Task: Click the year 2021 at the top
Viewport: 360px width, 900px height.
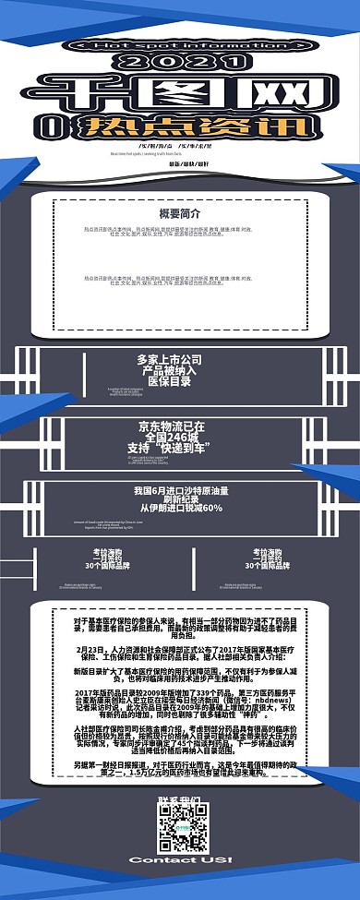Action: coord(179,62)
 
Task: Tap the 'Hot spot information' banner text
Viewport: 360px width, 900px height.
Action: coord(179,44)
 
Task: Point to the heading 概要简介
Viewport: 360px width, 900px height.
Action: coord(179,213)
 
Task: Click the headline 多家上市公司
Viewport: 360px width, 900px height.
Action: coord(169,360)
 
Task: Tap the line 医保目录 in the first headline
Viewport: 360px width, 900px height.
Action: coord(169,380)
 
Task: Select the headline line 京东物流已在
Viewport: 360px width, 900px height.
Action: coord(171,427)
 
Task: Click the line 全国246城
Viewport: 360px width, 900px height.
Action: coord(171,438)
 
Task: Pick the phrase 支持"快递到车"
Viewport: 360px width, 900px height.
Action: coord(171,449)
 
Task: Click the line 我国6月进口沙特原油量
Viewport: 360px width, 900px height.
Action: coord(181,490)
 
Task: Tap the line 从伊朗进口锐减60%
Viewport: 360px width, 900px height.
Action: coord(181,508)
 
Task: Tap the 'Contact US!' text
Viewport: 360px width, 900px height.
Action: coord(180,859)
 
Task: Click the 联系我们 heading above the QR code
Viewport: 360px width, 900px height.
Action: coord(180,799)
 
